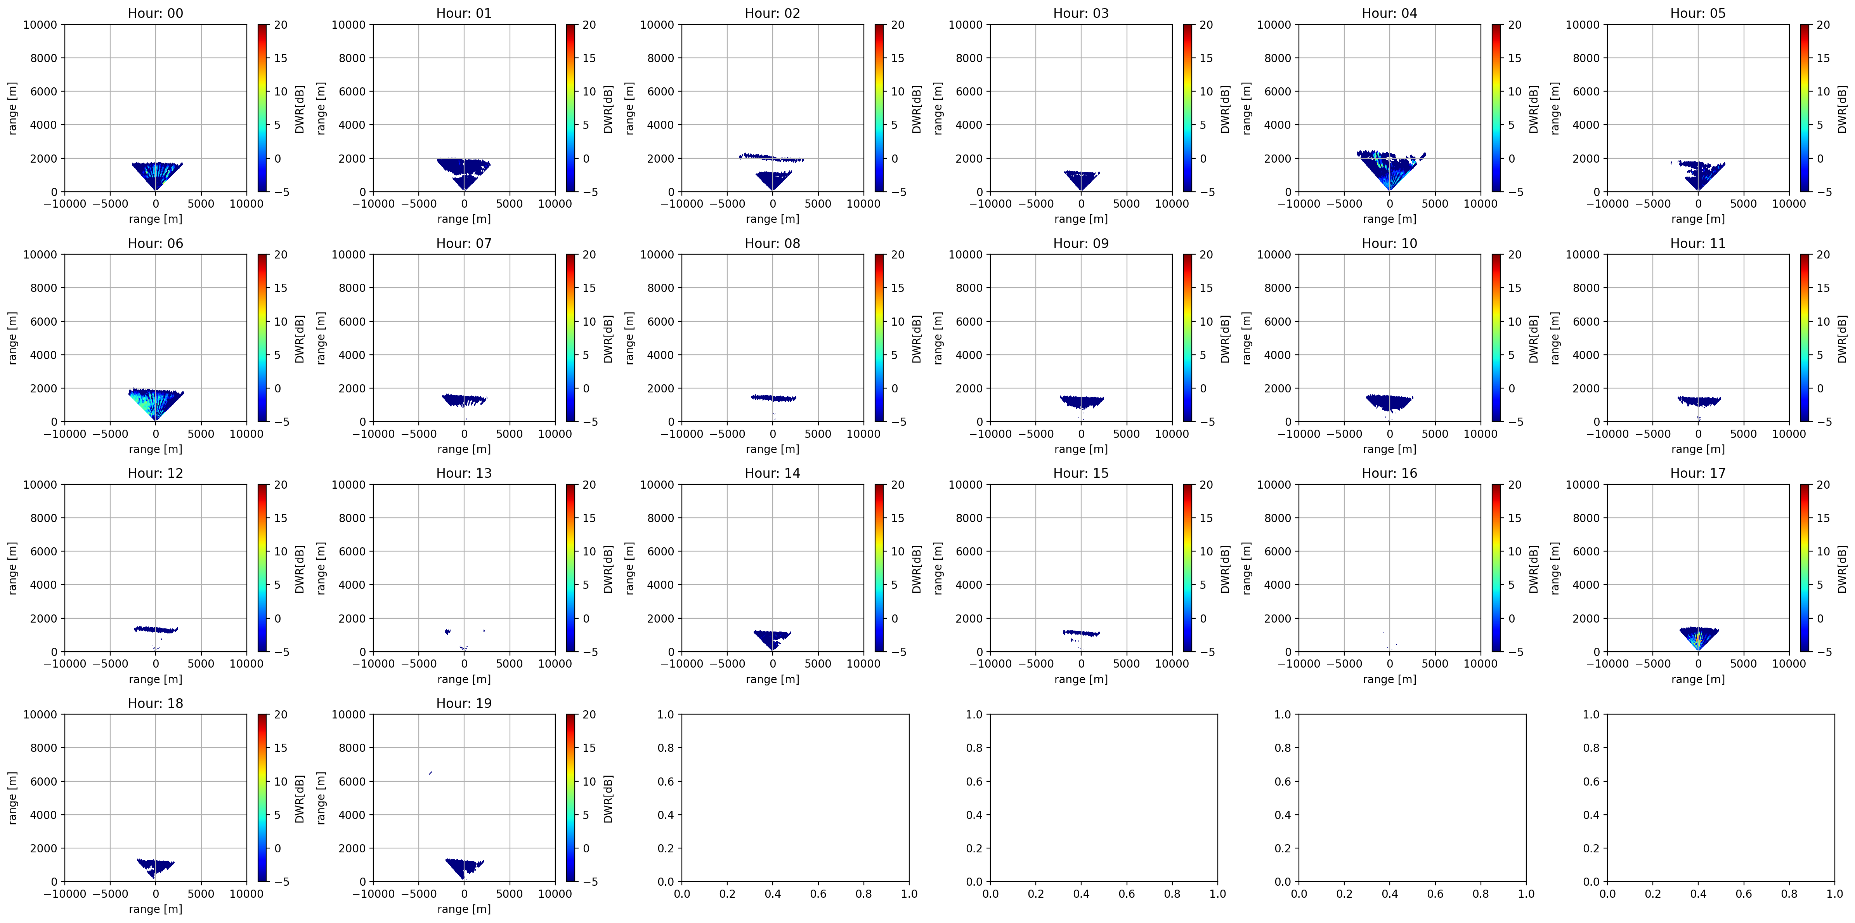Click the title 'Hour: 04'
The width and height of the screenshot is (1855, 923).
point(1389,13)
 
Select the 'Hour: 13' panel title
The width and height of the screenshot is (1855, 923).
point(464,473)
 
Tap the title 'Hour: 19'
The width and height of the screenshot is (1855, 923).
point(464,703)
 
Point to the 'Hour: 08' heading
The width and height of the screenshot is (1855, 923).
point(772,243)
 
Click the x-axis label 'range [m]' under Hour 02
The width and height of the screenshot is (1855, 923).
point(772,219)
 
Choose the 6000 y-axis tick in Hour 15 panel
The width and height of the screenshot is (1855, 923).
point(969,552)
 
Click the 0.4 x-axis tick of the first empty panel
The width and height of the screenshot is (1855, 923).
point(773,894)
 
